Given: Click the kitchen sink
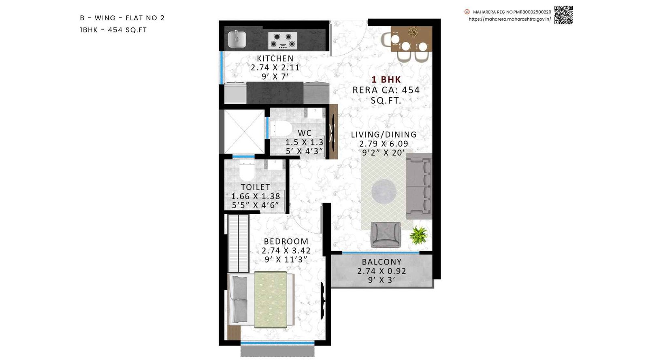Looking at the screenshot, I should click(237, 39).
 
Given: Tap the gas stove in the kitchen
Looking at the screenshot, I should click(283, 41).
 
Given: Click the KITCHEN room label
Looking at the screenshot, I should click(275, 58).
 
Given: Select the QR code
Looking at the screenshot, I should click(563, 15).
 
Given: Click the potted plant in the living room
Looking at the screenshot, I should click(419, 235).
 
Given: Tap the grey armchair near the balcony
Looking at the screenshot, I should click(386, 234).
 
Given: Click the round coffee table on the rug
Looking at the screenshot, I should click(384, 190).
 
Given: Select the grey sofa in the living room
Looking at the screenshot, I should click(418, 186).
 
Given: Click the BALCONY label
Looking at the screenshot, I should click(382, 262).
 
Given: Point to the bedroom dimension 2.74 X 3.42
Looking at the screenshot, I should click(286, 251).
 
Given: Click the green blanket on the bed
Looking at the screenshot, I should click(271, 299).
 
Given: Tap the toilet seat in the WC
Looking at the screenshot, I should click(282, 129).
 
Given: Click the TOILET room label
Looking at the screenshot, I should click(255, 187).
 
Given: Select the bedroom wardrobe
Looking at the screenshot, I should click(238, 243).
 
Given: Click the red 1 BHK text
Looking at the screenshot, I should click(386, 80).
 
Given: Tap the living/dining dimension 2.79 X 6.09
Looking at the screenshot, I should click(384, 144).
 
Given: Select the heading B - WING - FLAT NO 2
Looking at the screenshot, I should click(122, 18).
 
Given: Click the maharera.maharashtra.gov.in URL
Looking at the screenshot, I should click(509, 19).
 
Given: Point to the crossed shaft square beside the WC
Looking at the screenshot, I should click(244, 132).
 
